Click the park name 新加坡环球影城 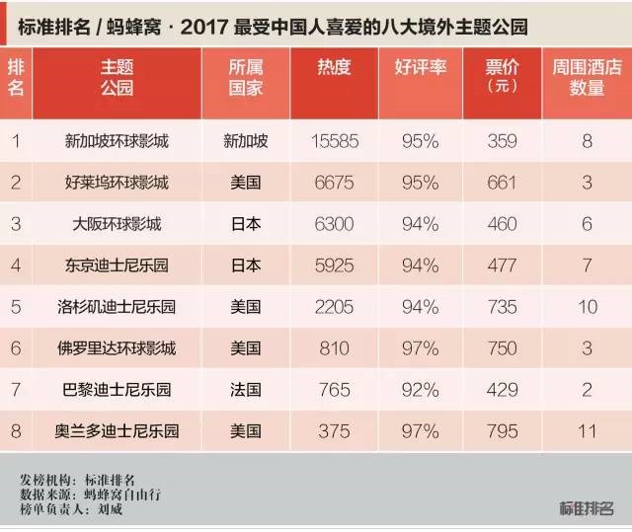pyautogui.click(x=116, y=141)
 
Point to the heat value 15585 pyautogui.click(x=334, y=141)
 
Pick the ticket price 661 pyautogui.click(x=502, y=183)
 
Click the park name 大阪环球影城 pyautogui.click(x=116, y=224)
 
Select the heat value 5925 pyautogui.click(x=334, y=266)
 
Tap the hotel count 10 pyautogui.click(x=587, y=307)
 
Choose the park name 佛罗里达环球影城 pyautogui.click(x=116, y=348)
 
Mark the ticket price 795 pyautogui.click(x=502, y=431)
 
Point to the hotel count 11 pyautogui.click(x=587, y=431)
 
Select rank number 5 pyautogui.click(x=15, y=307)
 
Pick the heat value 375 pyautogui.click(x=334, y=431)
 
